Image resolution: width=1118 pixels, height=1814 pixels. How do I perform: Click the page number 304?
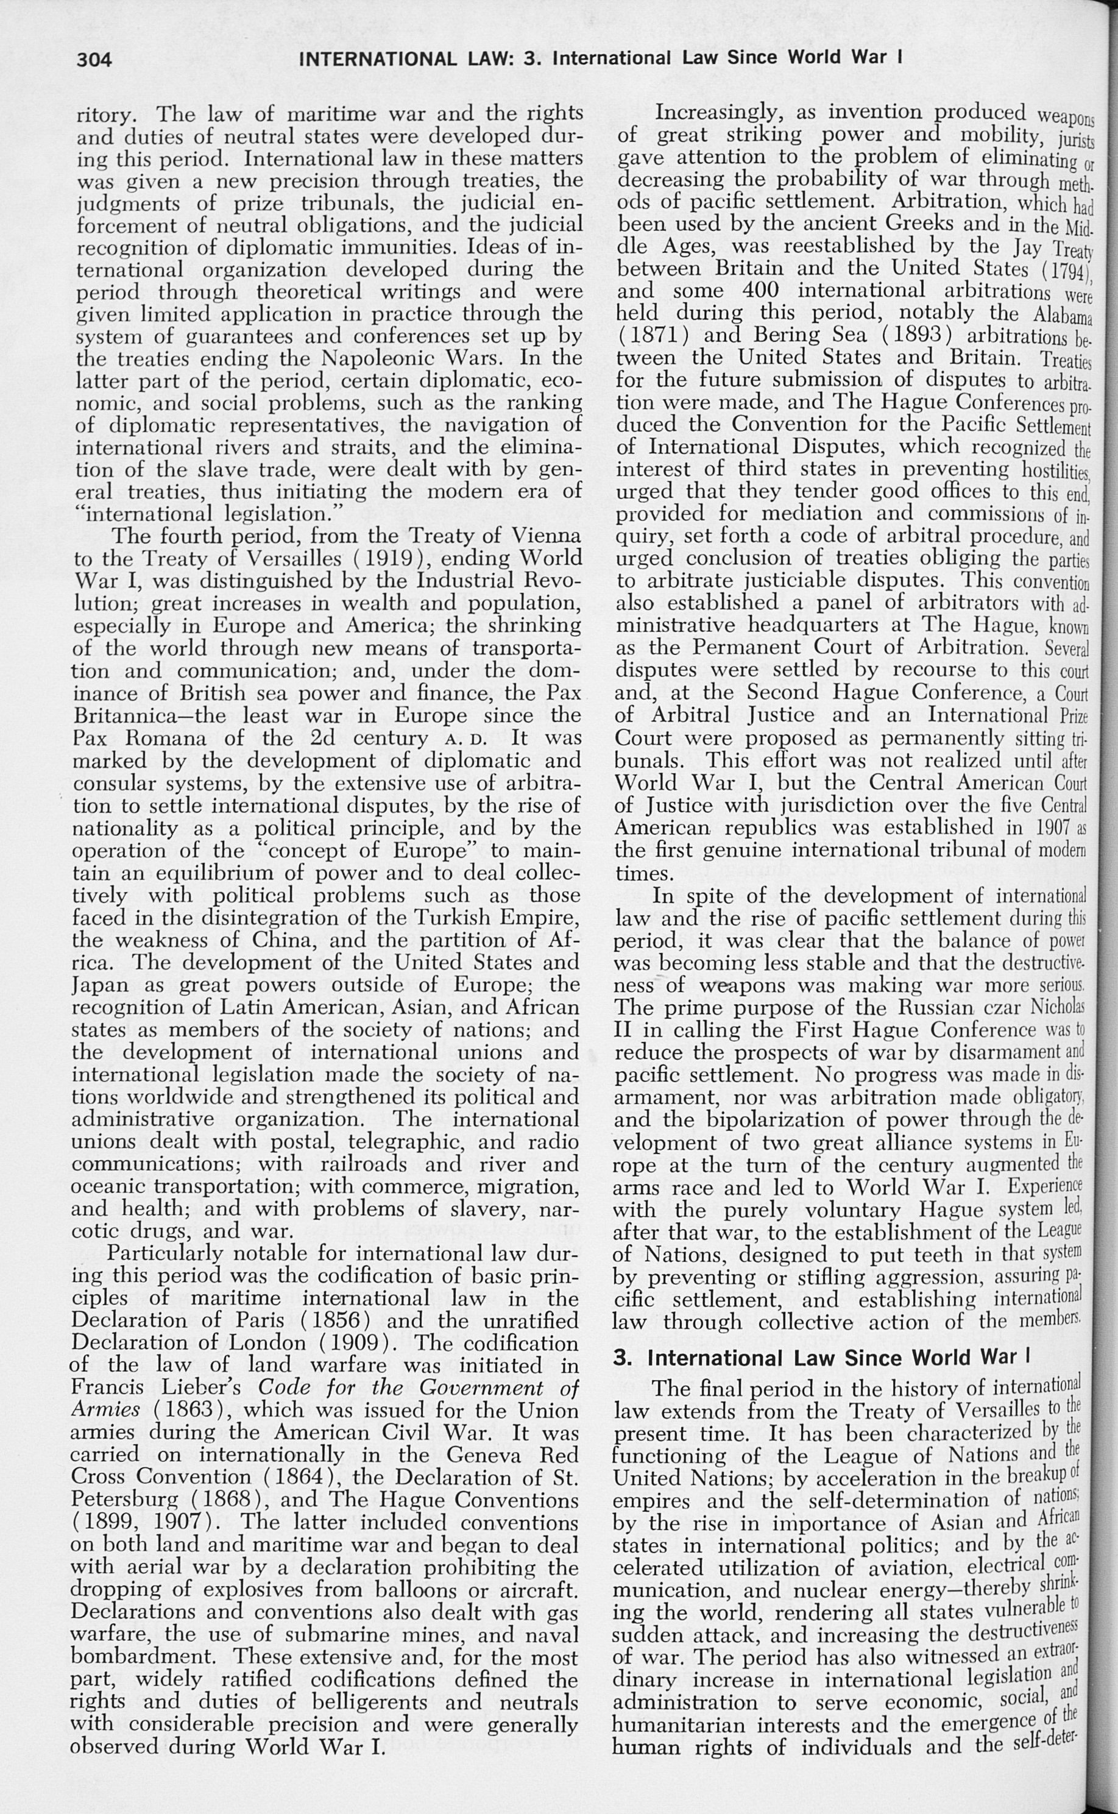click(x=94, y=60)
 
